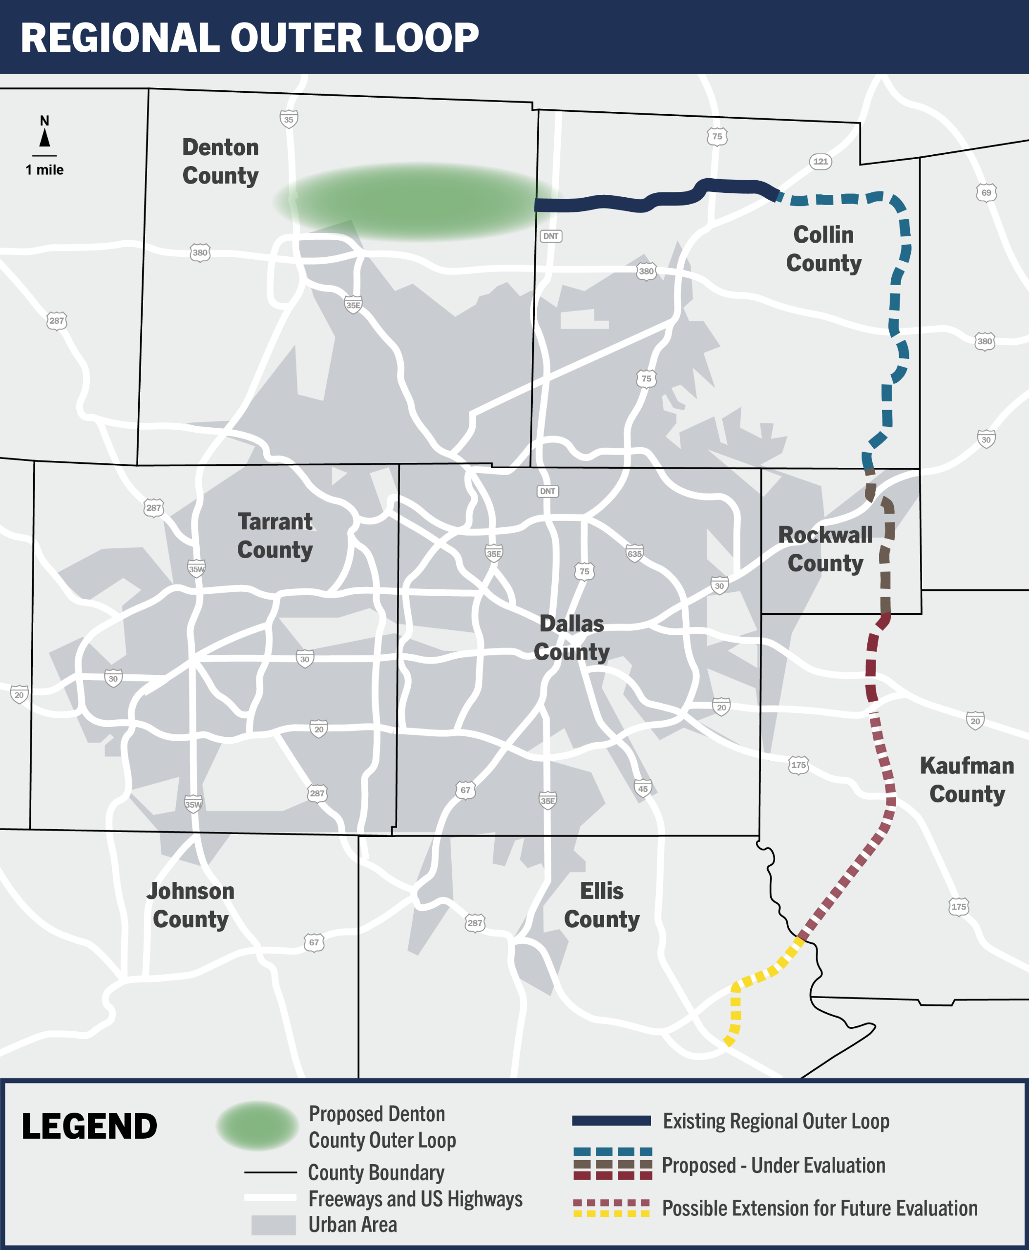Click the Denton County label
(x=221, y=161)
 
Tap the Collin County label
(x=823, y=249)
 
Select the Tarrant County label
(x=275, y=536)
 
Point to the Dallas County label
(x=571, y=638)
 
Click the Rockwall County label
(x=825, y=549)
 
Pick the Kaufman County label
(x=967, y=779)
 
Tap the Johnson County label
(x=190, y=905)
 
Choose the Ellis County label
(x=602, y=905)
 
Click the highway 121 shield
(x=820, y=161)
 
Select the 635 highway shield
(x=634, y=554)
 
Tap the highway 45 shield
(x=643, y=788)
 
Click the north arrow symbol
(x=44, y=138)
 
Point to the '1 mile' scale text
(x=44, y=170)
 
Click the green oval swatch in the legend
(x=257, y=1125)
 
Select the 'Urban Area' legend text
(x=353, y=1225)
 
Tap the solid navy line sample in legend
(x=611, y=1121)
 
